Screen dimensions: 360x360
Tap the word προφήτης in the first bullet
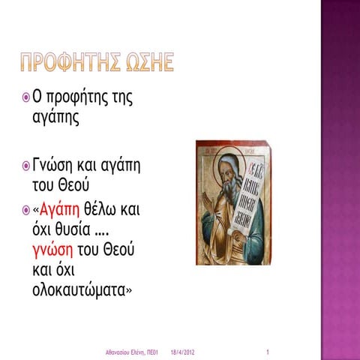[x=82, y=98]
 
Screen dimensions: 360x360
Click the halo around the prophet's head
[x=225, y=155]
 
